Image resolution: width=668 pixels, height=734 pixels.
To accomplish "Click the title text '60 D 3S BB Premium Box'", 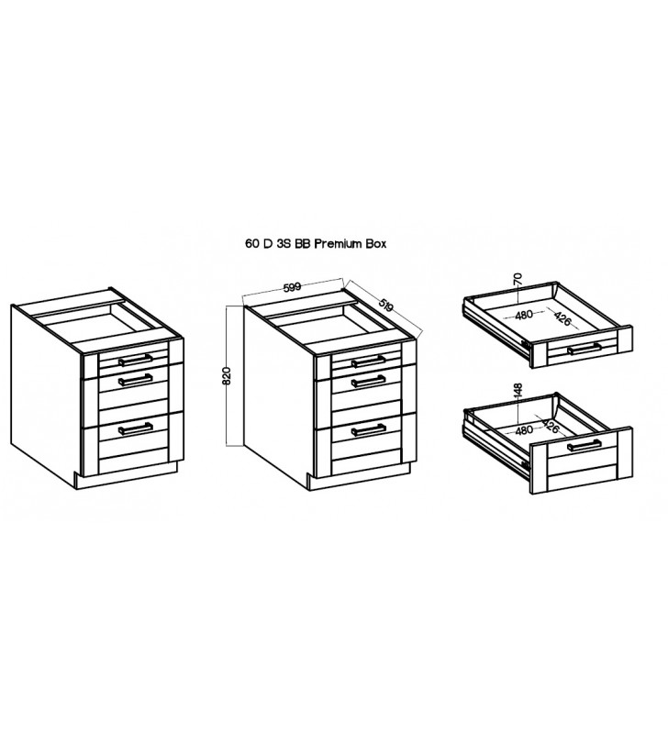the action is click(x=316, y=244).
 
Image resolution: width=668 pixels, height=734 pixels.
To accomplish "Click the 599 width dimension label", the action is click(x=292, y=286).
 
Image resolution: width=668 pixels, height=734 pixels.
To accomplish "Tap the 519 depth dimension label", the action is click(x=385, y=306).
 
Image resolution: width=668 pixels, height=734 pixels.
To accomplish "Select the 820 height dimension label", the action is click(x=227, y=375).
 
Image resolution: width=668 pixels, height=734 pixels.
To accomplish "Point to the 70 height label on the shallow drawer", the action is click(x=518, y=280).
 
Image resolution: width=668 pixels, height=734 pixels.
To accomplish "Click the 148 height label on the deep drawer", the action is click(x=518, y=392).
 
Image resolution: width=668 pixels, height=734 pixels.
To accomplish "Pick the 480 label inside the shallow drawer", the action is click(x=524, y=315).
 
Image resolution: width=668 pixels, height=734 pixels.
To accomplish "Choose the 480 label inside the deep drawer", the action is click(x=523, y=429).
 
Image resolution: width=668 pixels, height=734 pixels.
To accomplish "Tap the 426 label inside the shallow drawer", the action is click(x=562, y=318).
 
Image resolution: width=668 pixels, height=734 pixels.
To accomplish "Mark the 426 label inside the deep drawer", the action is click(x=551, y=426).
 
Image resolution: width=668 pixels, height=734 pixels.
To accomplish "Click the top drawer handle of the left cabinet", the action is click(x=136, y=360).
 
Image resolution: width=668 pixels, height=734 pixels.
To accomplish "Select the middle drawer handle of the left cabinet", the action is click(x=136, y=379).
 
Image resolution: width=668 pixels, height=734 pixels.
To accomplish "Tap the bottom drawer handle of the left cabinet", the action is click(x=136, y=428).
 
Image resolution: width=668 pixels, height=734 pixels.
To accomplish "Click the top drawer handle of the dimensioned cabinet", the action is click(x=368, y=361).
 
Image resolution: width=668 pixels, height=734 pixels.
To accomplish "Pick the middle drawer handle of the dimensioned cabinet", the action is click(x=368, y=382).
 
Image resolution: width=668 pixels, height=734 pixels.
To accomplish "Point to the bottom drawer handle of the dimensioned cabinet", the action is click(x=368, y=429).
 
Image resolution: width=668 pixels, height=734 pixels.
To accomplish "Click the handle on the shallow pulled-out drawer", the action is click(x=584, y=349).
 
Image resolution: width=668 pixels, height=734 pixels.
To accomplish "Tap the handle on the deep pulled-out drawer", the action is click(x=584, y=445).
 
